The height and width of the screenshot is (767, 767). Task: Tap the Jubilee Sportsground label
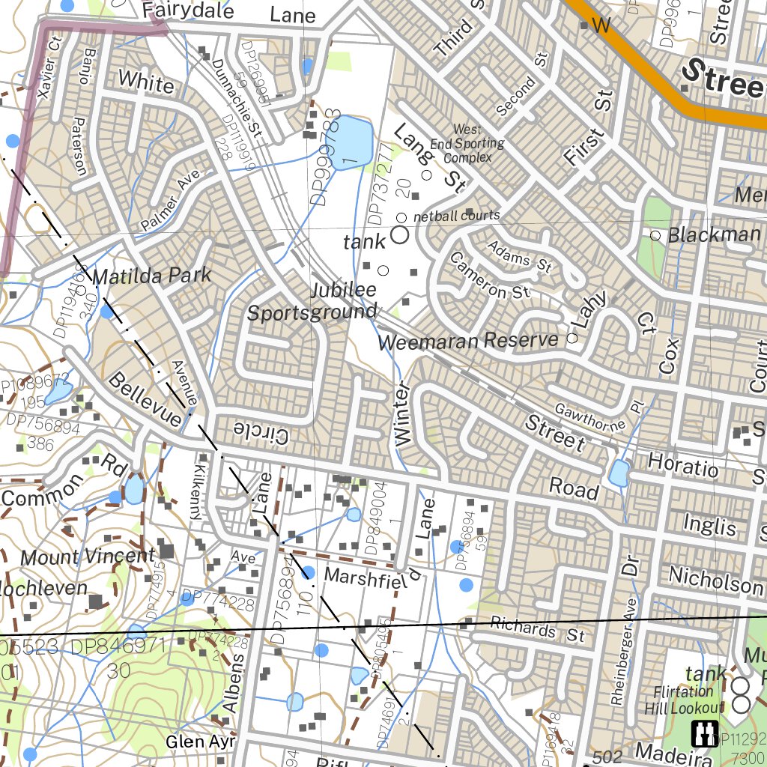click(312, 301)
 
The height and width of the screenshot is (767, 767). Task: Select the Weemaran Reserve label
click(468, 341)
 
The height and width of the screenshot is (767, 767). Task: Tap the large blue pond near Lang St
click(351, 142)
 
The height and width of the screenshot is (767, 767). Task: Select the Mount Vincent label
click(88, 557)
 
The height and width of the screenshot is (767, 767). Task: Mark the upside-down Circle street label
click(261, 432)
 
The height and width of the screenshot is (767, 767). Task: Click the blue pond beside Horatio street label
click(619, 473)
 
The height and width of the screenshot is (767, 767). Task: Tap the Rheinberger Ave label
click(616, 652)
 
